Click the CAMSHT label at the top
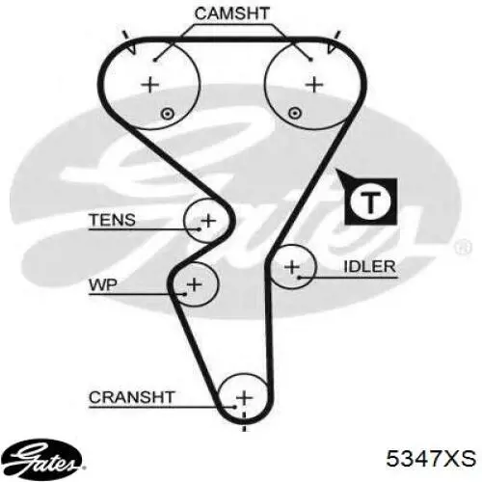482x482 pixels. [x=231, y=13]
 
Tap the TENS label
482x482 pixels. [x=113, y=220]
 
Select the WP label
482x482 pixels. [x=103, y=284]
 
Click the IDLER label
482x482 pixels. [x=369, y=266]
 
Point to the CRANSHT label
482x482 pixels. [x=132, y=397]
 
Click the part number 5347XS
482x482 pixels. [x=431, y=458]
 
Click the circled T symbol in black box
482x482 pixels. [x=371, y=201]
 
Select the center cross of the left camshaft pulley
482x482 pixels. [x=150, y=85]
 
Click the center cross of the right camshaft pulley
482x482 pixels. [x=314, y=85]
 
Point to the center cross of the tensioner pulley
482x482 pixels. [x=208, y=221]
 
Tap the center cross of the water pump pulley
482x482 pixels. [x=194, y=284]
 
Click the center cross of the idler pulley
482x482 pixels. [x=292, y=267]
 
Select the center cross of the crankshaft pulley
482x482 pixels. [x=244, y=398]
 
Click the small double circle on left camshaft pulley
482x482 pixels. [x=167, y=114]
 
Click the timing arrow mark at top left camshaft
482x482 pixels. [x=130, y=42]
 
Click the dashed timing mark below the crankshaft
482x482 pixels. [x=244, y=421]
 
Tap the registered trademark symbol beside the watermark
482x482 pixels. [x=463, y=248]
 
